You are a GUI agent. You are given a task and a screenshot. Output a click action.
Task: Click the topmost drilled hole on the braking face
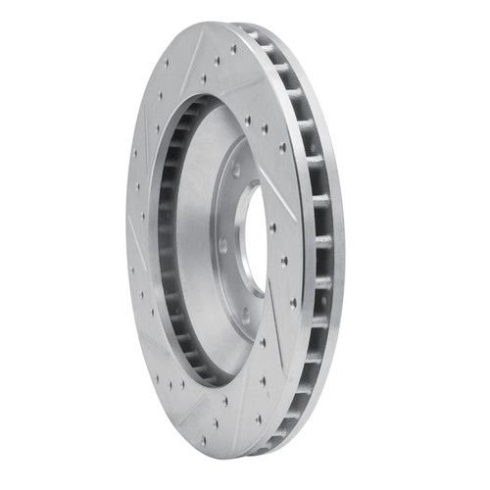234,47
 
